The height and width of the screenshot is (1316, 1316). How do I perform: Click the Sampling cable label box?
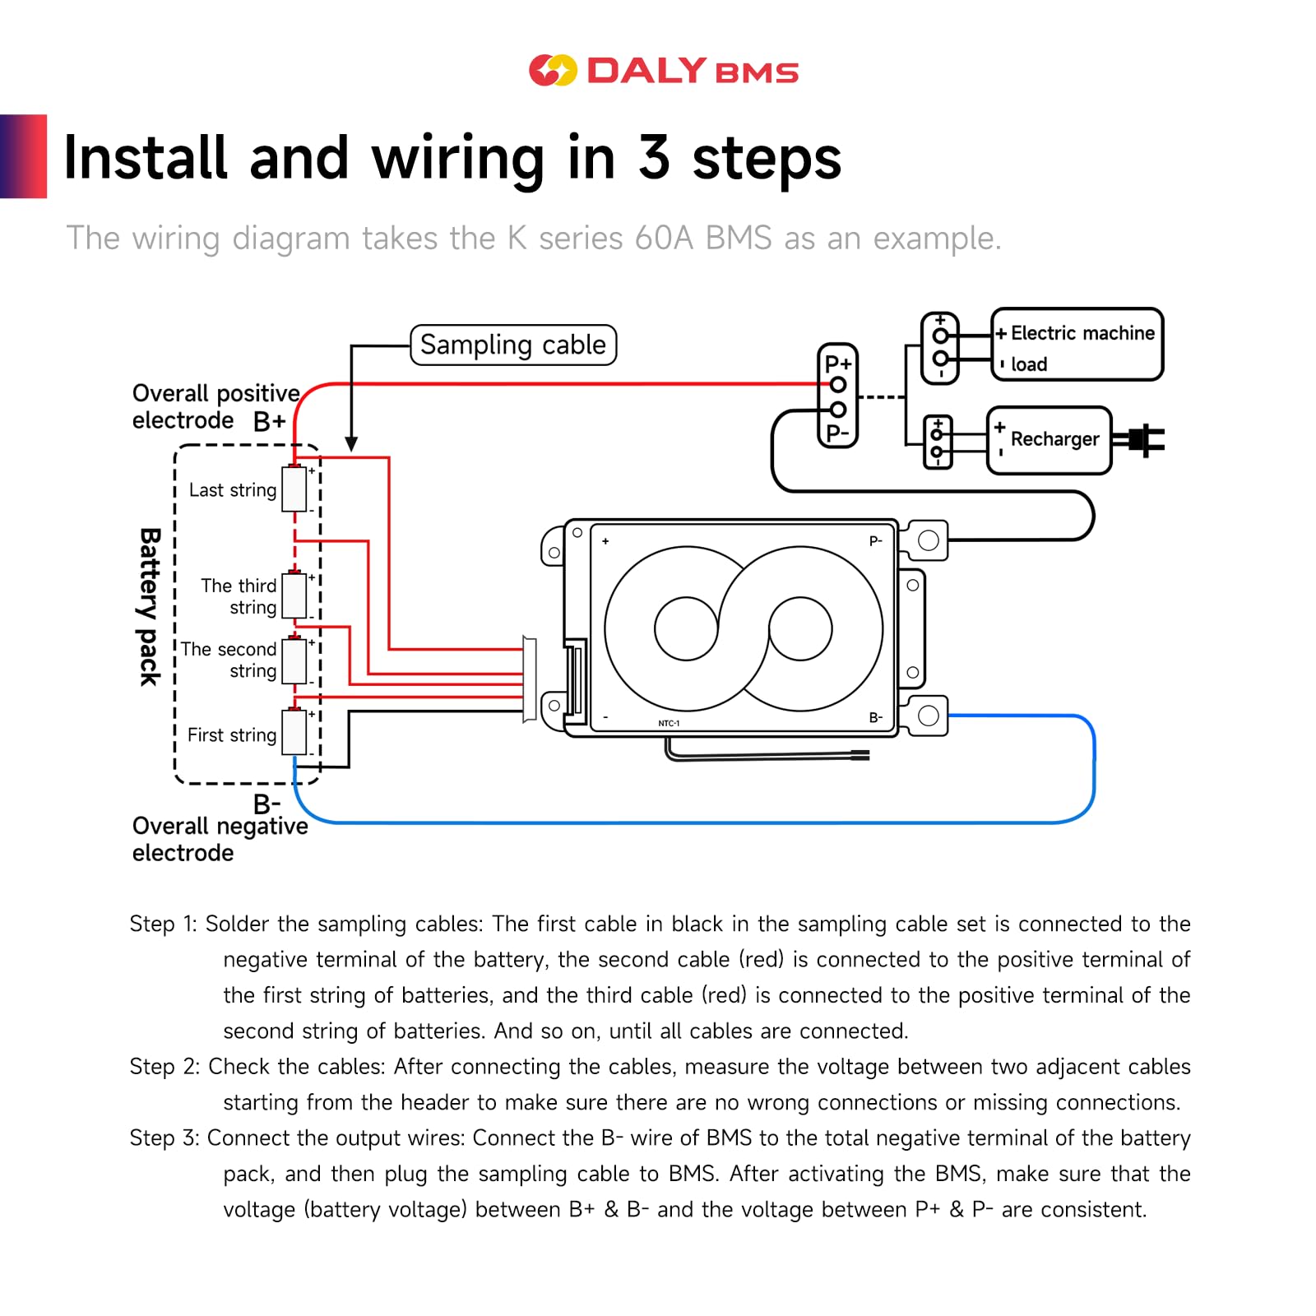tap(513, 345)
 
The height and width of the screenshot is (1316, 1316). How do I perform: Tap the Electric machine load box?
tap(1077, 345)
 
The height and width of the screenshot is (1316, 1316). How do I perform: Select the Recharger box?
tap(1049, 440)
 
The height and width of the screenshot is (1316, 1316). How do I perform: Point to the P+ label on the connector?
tap(838, 364)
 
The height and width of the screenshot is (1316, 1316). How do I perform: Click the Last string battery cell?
tap(294, 489)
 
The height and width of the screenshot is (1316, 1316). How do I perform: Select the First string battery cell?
tap(294, 732)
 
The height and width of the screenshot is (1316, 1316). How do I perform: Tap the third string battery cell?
tap(294, 595)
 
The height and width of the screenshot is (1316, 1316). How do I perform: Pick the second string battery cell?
tap(294, 660)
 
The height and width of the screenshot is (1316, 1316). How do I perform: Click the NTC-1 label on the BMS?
tap(669, 724)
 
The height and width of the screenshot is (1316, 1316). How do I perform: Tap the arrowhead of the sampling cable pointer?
tap(351, 444)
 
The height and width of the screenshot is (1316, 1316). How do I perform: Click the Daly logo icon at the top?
tap(553, 71)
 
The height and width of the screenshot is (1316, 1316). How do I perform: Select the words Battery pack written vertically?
tap(149, 607)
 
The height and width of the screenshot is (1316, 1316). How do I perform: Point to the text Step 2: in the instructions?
tap(164, 1067)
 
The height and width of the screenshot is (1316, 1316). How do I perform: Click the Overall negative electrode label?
tap(220, 839)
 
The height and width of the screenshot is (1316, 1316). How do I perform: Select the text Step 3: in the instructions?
tap(164, 1138)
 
